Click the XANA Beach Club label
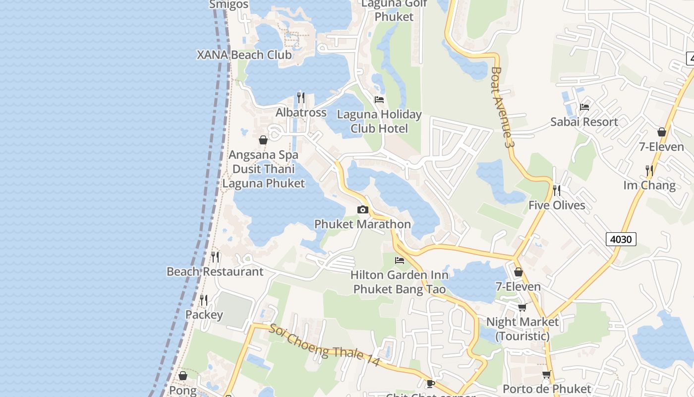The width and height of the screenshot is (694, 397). (x=244, y=55)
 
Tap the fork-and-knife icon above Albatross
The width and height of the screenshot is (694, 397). (x=301, y=97)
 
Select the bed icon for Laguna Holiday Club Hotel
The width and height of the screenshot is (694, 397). (x=379, y=99)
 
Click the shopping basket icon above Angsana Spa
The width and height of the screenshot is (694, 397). (x=263, y=140)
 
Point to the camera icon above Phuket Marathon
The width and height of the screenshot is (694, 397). (x=363, y=209)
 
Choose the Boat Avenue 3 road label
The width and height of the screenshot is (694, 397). (x=501, y=107)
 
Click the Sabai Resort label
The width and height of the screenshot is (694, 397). (x=584, y=122)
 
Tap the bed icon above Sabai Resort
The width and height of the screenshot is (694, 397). (x=584, y=107)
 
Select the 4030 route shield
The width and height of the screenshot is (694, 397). (x=621, y=239)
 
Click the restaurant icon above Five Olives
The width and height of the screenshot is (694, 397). (x=557, y=190)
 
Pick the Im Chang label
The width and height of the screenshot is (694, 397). (x=649, y=185)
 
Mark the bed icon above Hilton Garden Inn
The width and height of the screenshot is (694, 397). (x=400, y=260)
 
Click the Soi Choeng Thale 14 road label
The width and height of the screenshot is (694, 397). (x=325, y=345)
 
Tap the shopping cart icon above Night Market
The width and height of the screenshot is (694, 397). (x=522, y=308)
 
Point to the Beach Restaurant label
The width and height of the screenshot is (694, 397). (x=215, y=271)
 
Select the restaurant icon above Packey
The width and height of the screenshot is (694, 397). (x=204, y=300)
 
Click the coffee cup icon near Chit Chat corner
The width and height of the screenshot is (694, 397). (x=431, y=383)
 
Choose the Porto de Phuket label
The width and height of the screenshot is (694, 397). (x=547, y=389)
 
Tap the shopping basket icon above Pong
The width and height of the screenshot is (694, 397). (x=183, y=376)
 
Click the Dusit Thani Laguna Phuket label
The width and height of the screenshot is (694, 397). (x=263, y=176)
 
